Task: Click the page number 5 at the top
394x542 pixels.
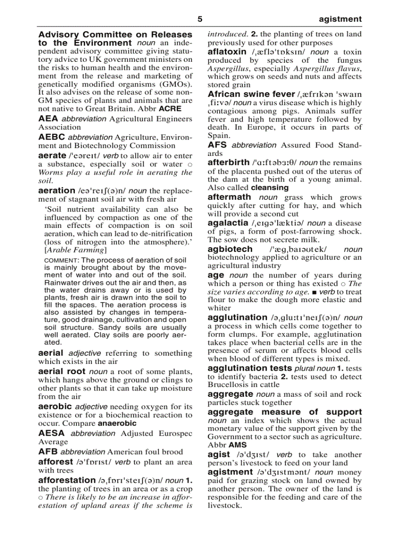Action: (200, 19)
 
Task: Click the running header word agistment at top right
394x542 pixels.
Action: (340, 19)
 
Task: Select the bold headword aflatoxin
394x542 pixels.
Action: (227, 52)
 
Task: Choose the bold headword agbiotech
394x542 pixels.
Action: (230, 249)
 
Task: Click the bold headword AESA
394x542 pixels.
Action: (52, 433)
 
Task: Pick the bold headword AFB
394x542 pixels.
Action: (48, 452)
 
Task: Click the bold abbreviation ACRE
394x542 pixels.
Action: (170, 109)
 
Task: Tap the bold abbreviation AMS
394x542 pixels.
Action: (238, 445)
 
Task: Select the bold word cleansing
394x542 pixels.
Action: (270, 188)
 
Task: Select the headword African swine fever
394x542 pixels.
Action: (251, 94)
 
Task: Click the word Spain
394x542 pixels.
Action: (218, 136)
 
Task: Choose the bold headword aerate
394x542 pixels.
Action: (52, 155)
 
